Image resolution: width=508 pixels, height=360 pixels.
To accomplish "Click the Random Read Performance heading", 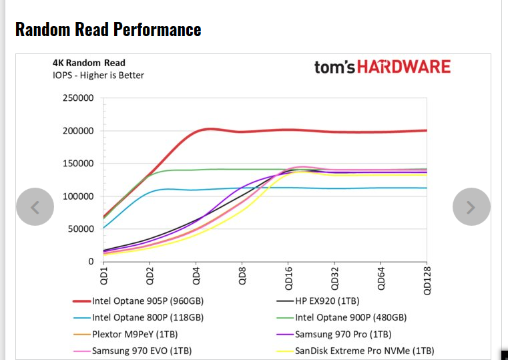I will click(x=107, y=29).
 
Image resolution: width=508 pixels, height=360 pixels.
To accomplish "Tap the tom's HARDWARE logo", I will click(x=382, y=67).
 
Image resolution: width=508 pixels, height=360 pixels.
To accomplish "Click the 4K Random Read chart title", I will click(x=89, y=63).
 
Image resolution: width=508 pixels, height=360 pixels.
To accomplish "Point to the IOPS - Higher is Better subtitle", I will click(x=98, y=75).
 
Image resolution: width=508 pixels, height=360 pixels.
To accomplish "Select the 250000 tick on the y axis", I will click(x=78, y=98).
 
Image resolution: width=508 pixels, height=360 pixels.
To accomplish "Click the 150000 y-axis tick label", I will click(x=78, y=164).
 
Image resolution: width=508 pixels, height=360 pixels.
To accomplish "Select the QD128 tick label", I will click(x=427, y=280).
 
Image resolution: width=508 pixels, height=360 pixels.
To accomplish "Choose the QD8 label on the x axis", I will click(x=242, y=275).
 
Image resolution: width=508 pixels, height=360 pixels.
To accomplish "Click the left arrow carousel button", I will click(x=35, y=207).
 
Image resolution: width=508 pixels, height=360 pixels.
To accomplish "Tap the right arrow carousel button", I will click(x=471, y=207).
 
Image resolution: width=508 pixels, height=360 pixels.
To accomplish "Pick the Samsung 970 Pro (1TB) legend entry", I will click(x=343, y=334).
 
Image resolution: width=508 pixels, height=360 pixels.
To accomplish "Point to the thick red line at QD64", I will click(x=380, y=132).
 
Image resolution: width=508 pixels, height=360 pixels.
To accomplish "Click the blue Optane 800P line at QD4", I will click(x=196, y=190).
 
